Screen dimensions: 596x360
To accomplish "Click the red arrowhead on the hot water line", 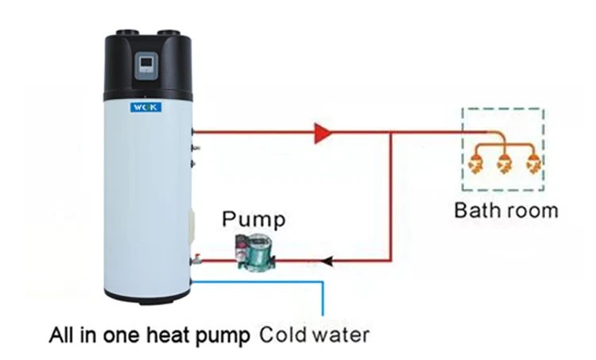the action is point(323,133).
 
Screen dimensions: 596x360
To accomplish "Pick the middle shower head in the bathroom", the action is point(503,165).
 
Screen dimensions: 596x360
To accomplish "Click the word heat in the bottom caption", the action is point(163,331).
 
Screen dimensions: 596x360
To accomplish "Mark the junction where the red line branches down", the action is point(391,133).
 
